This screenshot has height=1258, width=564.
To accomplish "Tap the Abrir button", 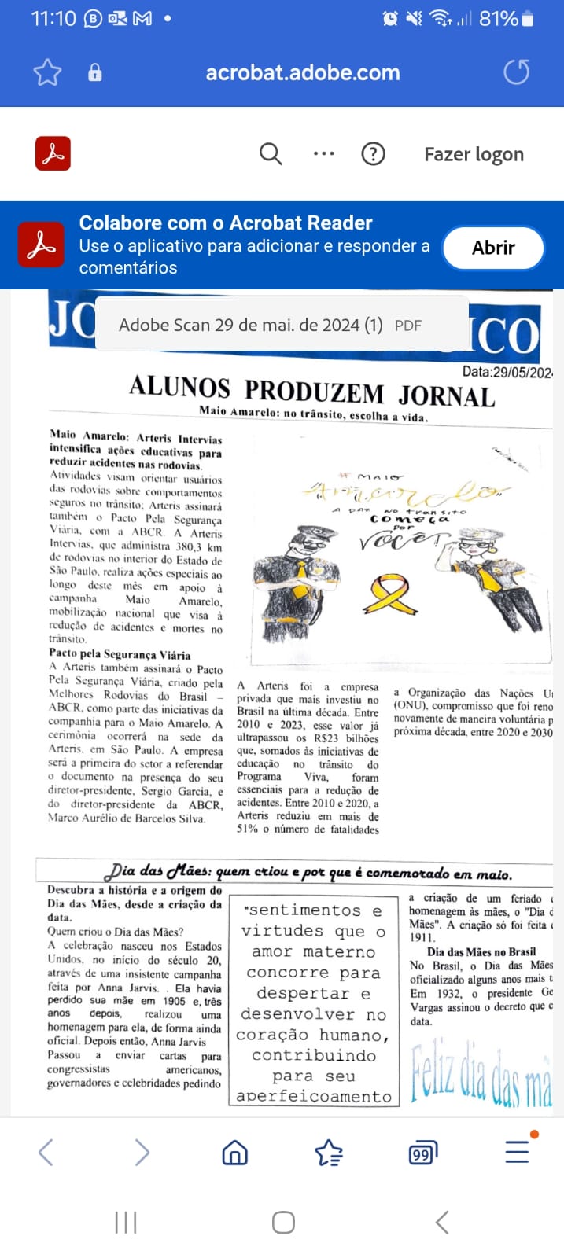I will tap(493, 248).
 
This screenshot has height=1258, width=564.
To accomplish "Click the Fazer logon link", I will tap(474, 155).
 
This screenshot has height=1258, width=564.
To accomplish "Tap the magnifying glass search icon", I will tap(271, 154).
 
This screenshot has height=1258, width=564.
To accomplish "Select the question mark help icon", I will tap(373, 154).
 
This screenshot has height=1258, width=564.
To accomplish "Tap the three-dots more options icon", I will tap(323, 154).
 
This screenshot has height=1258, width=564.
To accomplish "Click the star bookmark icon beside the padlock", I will tap(47, 73).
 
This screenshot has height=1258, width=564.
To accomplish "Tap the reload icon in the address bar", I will tap(516, 72).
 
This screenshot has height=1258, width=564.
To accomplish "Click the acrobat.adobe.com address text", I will tap(303, 73).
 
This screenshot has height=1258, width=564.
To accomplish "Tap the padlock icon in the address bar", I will tap(95, 73).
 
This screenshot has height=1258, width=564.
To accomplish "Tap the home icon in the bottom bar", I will tap(234, 1153).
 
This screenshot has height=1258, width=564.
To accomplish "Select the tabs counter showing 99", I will tap(422, 1153).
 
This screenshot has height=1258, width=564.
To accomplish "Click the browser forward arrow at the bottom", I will tap(142, 1153).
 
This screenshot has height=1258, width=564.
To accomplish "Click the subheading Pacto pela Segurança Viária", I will tap(120, 654).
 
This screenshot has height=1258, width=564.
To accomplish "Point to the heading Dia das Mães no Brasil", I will tap(481, 951).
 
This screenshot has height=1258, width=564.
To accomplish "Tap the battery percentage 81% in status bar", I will tap(499, 18).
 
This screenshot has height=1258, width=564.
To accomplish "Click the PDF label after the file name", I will tap(408, 326).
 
